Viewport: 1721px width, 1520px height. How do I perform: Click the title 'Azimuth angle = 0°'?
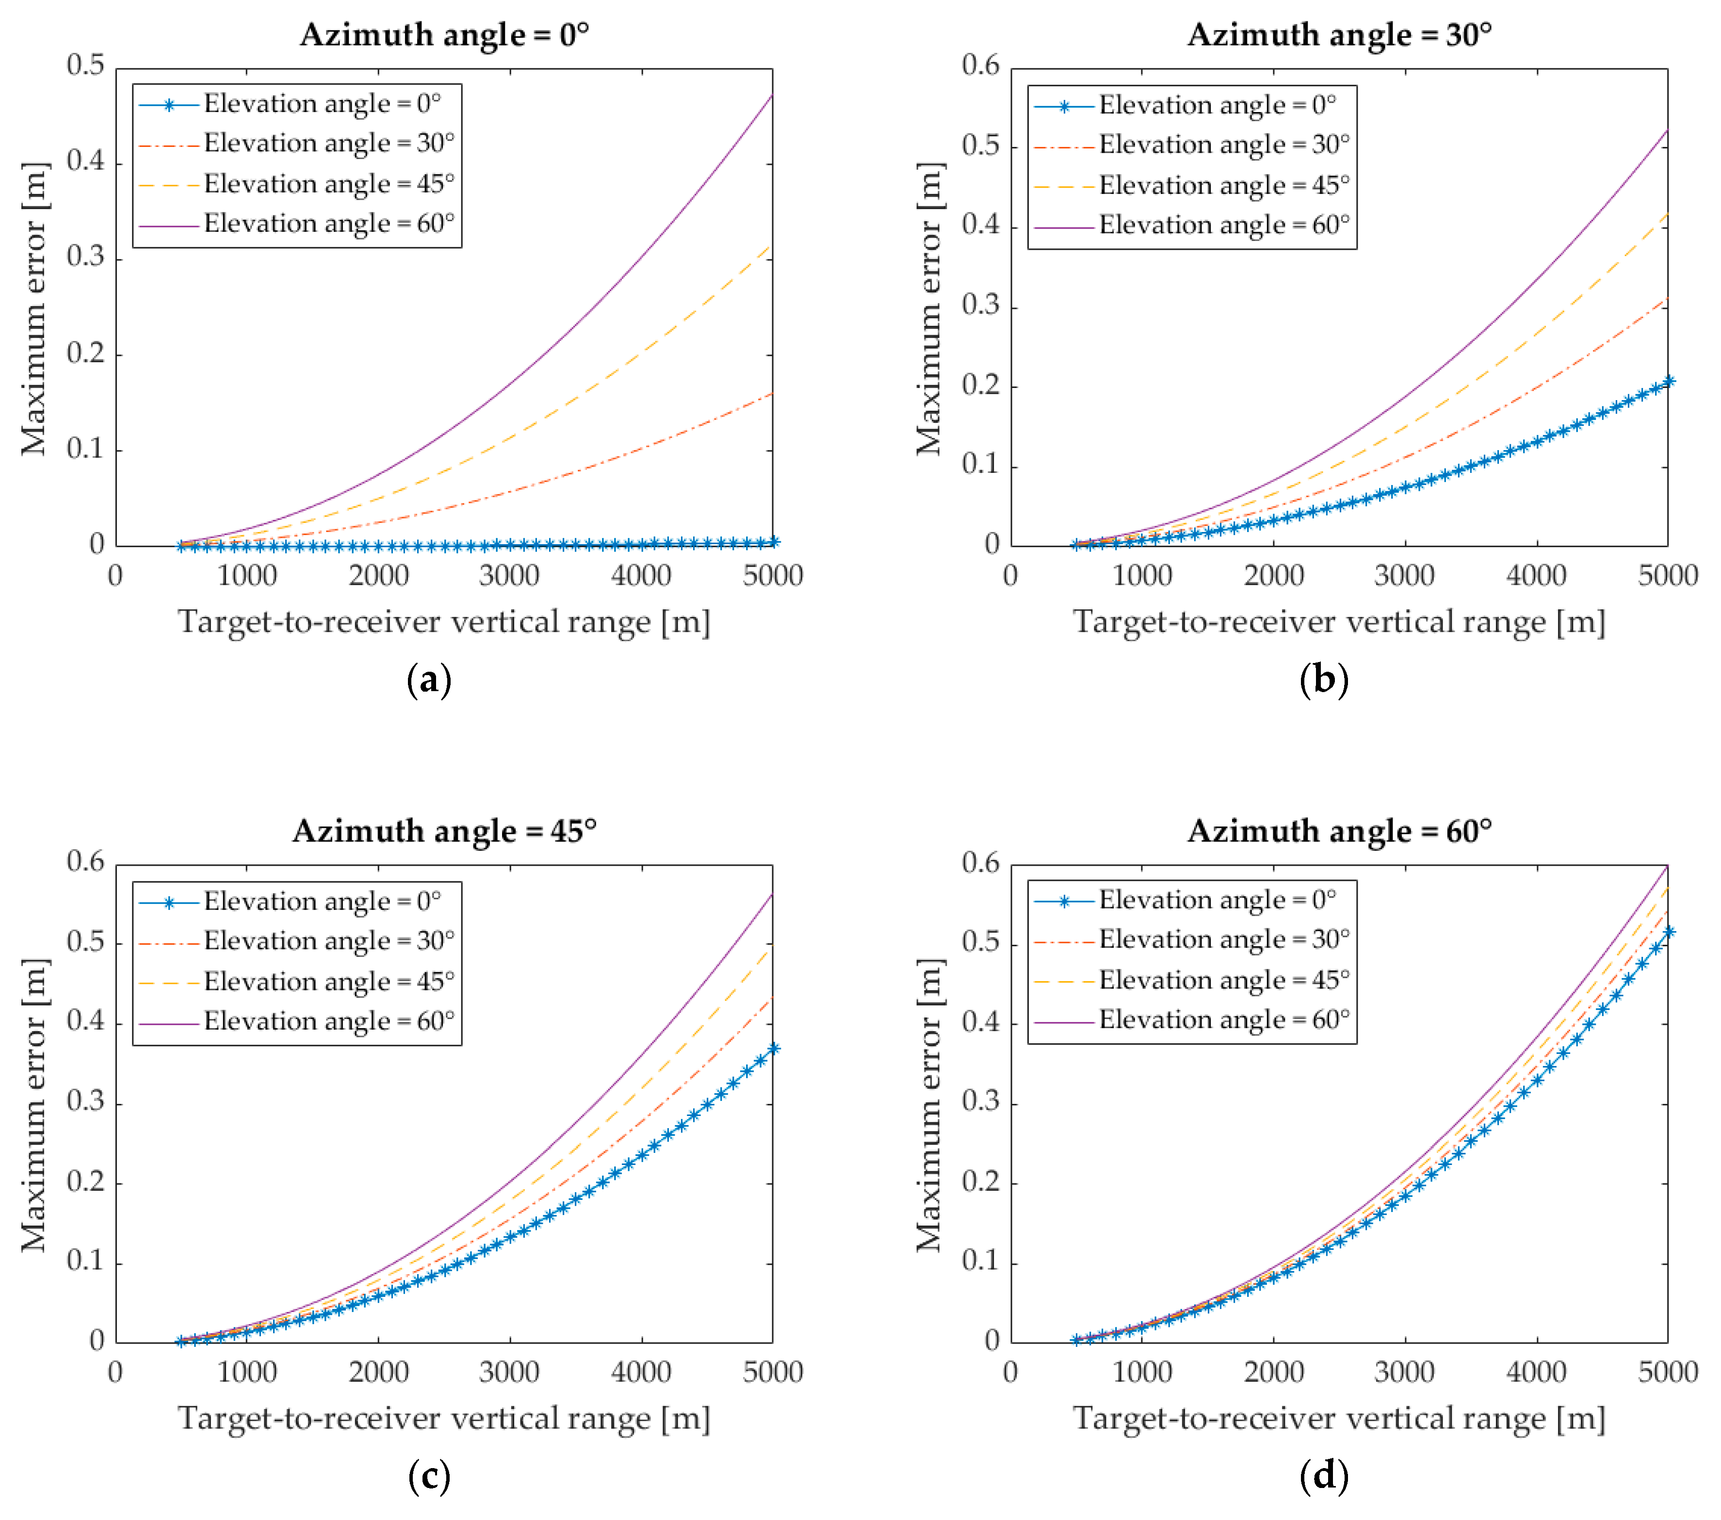(445, 34)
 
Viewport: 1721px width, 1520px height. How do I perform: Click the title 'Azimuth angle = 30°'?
(1340, 34)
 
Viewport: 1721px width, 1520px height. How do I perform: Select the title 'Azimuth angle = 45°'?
(445, 831)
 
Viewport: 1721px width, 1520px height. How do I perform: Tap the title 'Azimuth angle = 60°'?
(1340, 831)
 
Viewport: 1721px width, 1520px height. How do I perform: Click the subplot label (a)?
(429, 679)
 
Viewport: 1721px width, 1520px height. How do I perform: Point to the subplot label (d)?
(1324, 1475)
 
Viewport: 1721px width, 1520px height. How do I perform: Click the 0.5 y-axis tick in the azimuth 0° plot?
(86, 65)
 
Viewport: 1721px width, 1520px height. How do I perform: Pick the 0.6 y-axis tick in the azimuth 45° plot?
(86, 861)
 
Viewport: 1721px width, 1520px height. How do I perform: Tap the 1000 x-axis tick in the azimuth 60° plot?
(1142, 1373)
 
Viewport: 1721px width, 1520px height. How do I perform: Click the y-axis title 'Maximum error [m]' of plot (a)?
(33, 308)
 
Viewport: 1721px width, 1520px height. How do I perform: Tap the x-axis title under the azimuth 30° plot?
(1339, 622)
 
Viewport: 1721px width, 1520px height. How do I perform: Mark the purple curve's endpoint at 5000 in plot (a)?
(772, 95)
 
